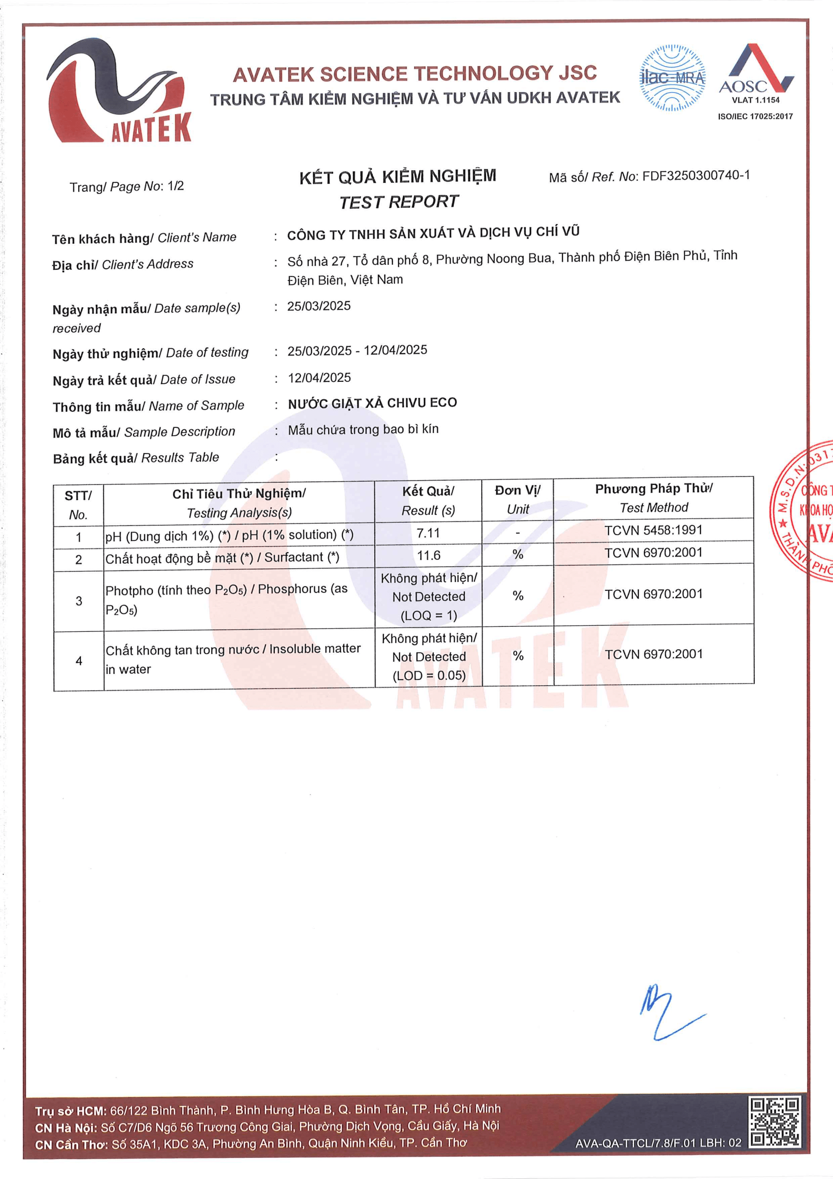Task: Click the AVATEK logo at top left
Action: click(119, 91)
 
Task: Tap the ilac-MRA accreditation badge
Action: click(672, 78)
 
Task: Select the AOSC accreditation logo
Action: click(756, 75)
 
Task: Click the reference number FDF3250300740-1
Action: click(696, 175)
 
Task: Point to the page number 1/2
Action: click(175, 186)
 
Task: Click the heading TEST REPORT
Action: click(399, 202)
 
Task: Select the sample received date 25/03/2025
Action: click(319, 306)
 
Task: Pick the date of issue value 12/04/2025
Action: click(319, 378)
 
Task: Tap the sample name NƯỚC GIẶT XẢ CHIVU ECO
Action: click(372, 403)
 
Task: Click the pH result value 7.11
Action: click(428, 533)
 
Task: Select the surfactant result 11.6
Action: click(428, 555)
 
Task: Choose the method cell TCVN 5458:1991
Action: click(654, 530)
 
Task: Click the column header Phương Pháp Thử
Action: click(654, 489)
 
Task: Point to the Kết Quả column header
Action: click(428, 491)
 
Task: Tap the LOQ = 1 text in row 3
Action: click(428, 615)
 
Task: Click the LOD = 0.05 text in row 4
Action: click(429, 675)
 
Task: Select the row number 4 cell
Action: click(79, 661)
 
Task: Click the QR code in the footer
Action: click(775, 1122)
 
